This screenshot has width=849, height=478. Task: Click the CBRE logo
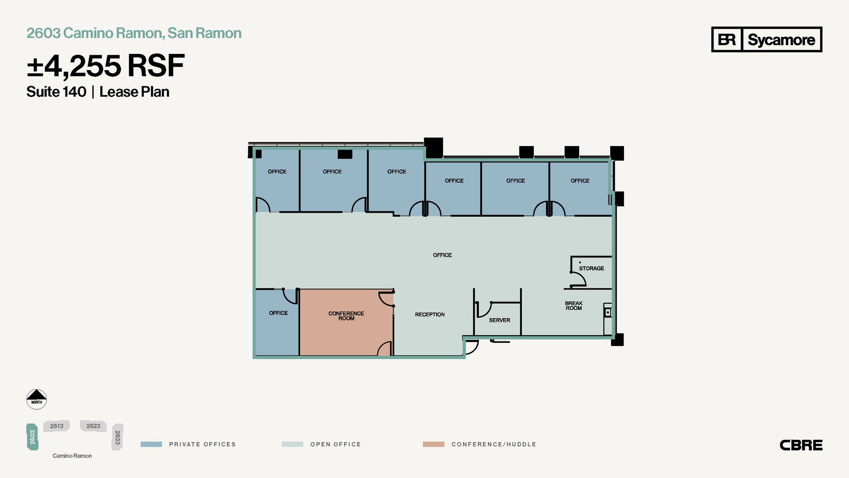pos(800,445)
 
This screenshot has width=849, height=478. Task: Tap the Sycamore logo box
pos(767,39)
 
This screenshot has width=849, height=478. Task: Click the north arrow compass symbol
pos(36,399)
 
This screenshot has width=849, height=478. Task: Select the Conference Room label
pos(346,316)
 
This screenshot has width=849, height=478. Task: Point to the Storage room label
pos(591,268)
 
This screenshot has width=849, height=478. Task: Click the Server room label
pos(499,320)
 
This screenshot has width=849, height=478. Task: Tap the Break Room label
pos(574,306)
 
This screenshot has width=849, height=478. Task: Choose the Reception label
pos(429,315)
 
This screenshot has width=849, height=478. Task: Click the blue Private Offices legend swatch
pos(151,444)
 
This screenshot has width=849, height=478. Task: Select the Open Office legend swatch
pos(292,444)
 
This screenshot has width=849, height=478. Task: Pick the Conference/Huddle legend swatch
pos(433,444)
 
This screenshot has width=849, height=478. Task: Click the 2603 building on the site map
pos(32,437)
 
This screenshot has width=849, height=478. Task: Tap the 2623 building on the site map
pos(93,426)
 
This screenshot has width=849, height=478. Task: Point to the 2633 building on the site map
pos(118,437)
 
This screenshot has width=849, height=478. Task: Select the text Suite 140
pos(56,92)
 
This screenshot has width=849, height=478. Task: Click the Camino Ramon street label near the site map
pos(72,456)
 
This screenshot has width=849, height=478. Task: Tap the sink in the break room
pos(608,312)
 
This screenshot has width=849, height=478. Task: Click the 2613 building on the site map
pos(57,426)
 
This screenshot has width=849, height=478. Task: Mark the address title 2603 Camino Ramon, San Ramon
pos(134,33)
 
